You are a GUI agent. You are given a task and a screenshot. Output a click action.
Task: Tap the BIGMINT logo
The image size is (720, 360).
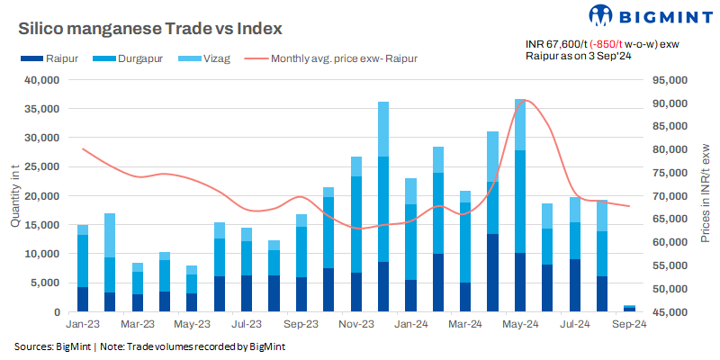pyautogui.click(x=639, y=15)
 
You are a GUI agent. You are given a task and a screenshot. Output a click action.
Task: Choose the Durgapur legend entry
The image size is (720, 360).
pyautogui.click(x=122, y=58)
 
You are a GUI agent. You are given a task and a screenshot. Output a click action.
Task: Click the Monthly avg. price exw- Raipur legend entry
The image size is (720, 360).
pyautogui.click(x=333, y=58)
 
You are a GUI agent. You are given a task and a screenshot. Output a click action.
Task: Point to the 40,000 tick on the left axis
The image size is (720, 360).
pyautogui.click(x=40, y=80)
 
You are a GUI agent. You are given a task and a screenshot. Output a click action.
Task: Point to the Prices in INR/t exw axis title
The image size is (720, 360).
pyautogui.click(x=703, y=195)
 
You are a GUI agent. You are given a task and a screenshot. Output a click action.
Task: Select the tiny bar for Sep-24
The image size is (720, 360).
pyautogui.click(x=630, y=309)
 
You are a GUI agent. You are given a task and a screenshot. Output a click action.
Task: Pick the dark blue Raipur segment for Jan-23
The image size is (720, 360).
pyautogui.click(x=83, y=300)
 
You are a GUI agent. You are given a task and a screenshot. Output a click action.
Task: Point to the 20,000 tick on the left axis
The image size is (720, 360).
pyautogui.click(x=40, y=196)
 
